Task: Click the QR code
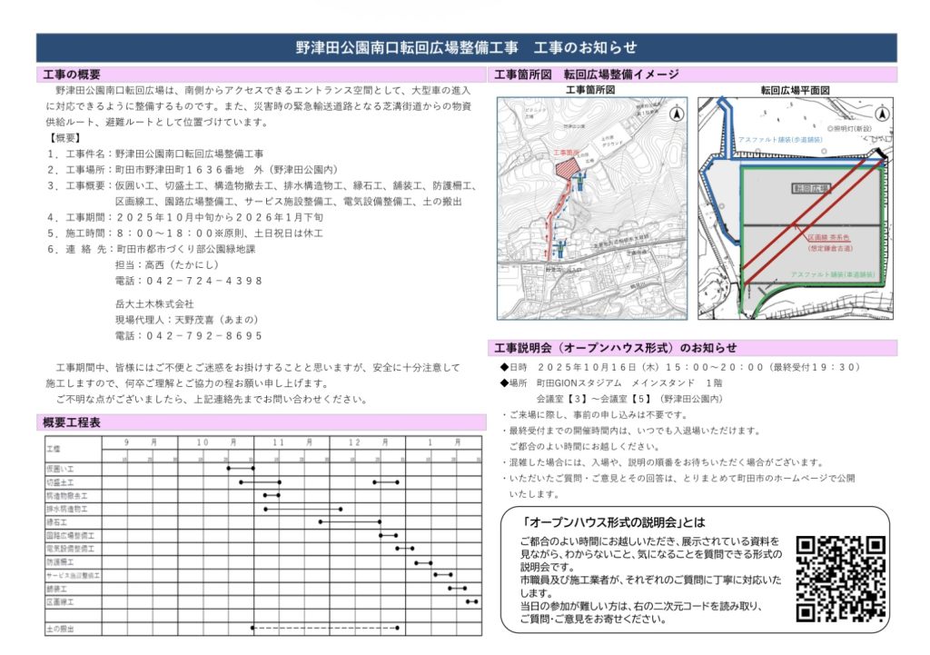[840, 579]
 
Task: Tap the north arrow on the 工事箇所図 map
[677, 114]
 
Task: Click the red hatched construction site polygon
[566, 168]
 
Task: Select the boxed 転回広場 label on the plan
[811, 188]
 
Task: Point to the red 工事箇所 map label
[565, 153]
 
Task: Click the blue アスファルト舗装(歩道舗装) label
[781, 139]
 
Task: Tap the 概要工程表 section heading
[72, 422]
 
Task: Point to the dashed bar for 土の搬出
[324, 628]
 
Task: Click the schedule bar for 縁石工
[350, 522]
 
